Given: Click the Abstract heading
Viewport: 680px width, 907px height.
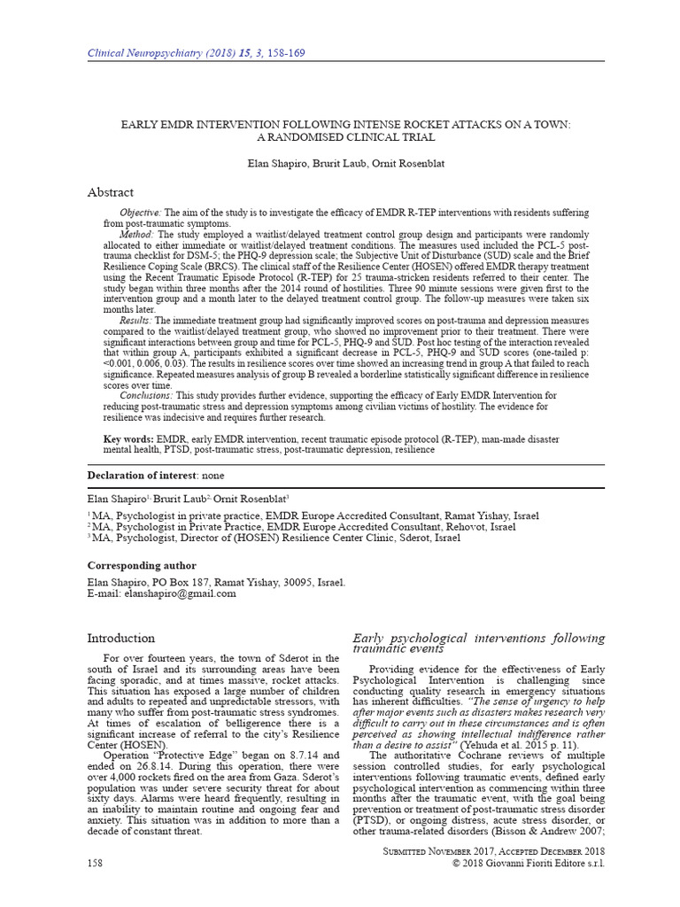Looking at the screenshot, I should coord(110,192).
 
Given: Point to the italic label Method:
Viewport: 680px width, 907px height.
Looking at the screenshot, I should coord(136,233).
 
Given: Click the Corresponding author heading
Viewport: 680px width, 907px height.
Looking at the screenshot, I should coord(141,565).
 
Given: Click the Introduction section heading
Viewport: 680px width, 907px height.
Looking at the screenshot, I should coord(120,638).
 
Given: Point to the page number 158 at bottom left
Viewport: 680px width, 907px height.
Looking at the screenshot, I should coord(96,863).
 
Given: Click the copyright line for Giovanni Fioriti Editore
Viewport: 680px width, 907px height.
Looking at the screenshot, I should coord(528,863).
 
